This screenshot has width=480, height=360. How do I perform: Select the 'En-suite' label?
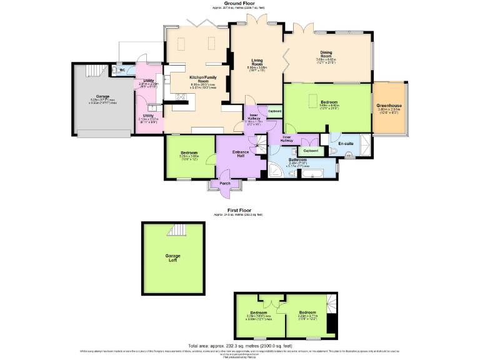tap(346, 144)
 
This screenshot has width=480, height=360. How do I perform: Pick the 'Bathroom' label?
tap(296, 160)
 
